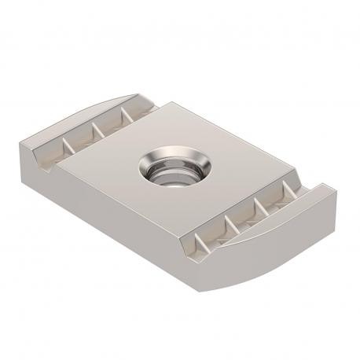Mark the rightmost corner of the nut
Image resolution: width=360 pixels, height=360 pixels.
pyautogui.click(x=339, y=197)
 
